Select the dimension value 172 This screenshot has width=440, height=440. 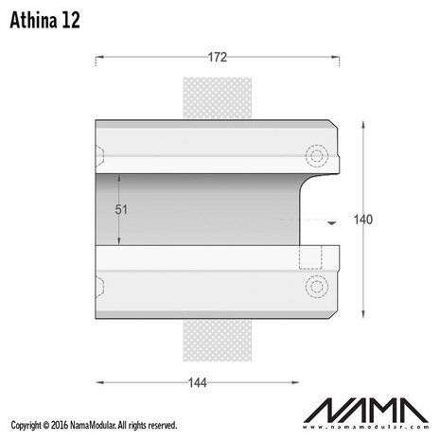(217, 58)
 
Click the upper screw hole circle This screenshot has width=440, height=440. (314, 154)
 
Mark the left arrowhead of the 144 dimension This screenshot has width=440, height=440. (100, 381)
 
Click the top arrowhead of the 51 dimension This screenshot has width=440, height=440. (119, 176)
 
